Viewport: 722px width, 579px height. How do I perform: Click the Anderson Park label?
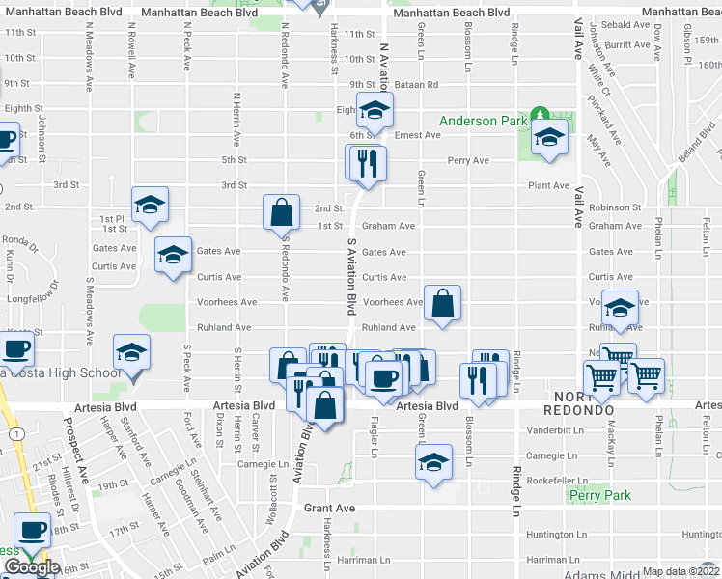(x=483, y=122)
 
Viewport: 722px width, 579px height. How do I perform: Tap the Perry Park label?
(x=600, y=495)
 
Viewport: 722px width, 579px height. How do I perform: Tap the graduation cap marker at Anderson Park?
(x=549, y=140)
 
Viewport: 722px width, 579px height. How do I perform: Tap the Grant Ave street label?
(x=330, y=507)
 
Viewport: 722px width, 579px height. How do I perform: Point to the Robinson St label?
(x=614, y=207)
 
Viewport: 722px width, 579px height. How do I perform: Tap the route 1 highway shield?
(x=16, y=436)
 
